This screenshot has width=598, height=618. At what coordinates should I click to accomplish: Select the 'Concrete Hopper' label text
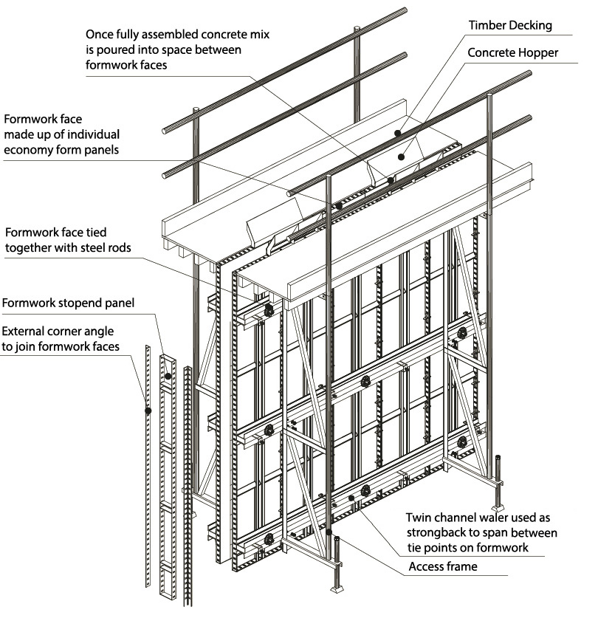(512, 54)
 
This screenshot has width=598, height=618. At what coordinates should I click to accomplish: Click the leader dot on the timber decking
(397, 134)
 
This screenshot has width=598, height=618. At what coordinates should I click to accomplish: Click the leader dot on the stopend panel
(168, 376)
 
